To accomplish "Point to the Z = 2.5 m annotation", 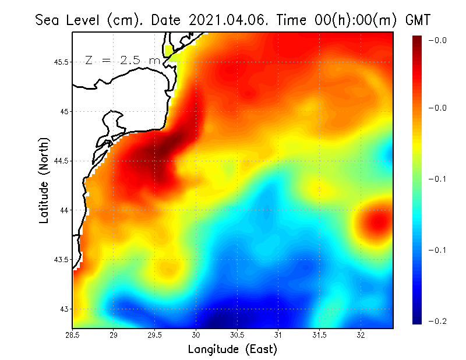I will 122,60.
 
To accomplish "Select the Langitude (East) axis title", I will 232,349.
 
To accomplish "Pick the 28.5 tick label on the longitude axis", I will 72,334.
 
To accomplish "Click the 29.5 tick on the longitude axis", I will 155,334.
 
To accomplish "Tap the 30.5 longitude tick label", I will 237,334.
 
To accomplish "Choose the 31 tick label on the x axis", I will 278,334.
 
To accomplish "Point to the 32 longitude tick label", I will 361,334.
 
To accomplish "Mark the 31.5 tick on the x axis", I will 320,334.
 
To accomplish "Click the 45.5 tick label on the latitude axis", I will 61,62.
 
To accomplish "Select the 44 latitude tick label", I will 64,210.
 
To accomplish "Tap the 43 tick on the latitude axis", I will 64,309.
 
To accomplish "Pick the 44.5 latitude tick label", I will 61,161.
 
